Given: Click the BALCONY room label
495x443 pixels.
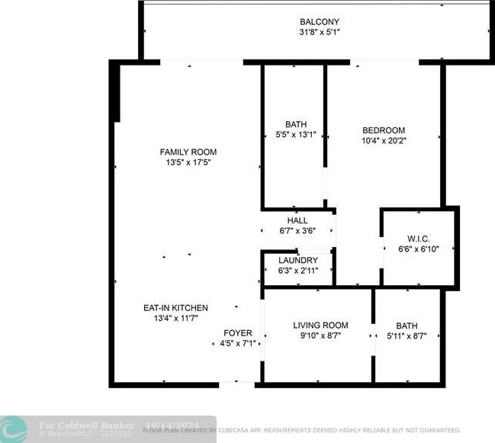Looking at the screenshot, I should point(319,21).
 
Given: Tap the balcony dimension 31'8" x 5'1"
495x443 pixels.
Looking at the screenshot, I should point(319,32).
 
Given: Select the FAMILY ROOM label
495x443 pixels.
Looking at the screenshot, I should point(188,152).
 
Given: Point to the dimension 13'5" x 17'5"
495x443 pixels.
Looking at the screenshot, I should point(188,162).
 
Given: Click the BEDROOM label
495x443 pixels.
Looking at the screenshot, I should point(383,130).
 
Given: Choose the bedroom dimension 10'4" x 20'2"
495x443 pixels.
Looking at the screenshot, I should point(383,140).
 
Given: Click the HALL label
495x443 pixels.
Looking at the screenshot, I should point(297,221).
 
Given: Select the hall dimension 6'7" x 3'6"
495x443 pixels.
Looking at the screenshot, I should point(297,231).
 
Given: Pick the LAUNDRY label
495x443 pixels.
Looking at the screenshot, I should point(297,260).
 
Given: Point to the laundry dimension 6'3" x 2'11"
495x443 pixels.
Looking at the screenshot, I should point(297,270).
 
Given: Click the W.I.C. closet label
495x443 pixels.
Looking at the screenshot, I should point(418,237).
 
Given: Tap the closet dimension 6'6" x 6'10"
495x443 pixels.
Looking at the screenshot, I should point(418,249).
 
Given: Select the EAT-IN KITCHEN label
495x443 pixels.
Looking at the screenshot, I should point(175,308).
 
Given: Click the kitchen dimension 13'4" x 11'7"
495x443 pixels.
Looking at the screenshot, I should point(175,319).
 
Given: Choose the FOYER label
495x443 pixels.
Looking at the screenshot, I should point(237,333).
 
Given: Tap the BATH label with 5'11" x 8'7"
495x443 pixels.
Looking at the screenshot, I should point(407,326).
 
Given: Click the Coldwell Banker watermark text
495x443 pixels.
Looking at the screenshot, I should point(88,425).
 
